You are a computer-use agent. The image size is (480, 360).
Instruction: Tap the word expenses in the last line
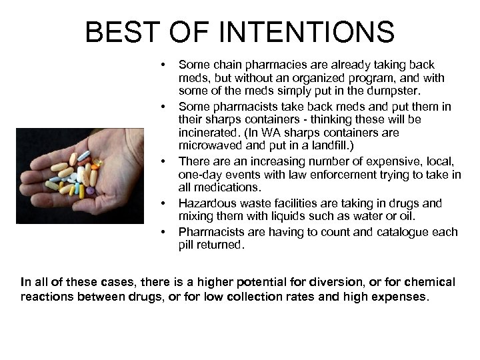(x=399, y=296)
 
